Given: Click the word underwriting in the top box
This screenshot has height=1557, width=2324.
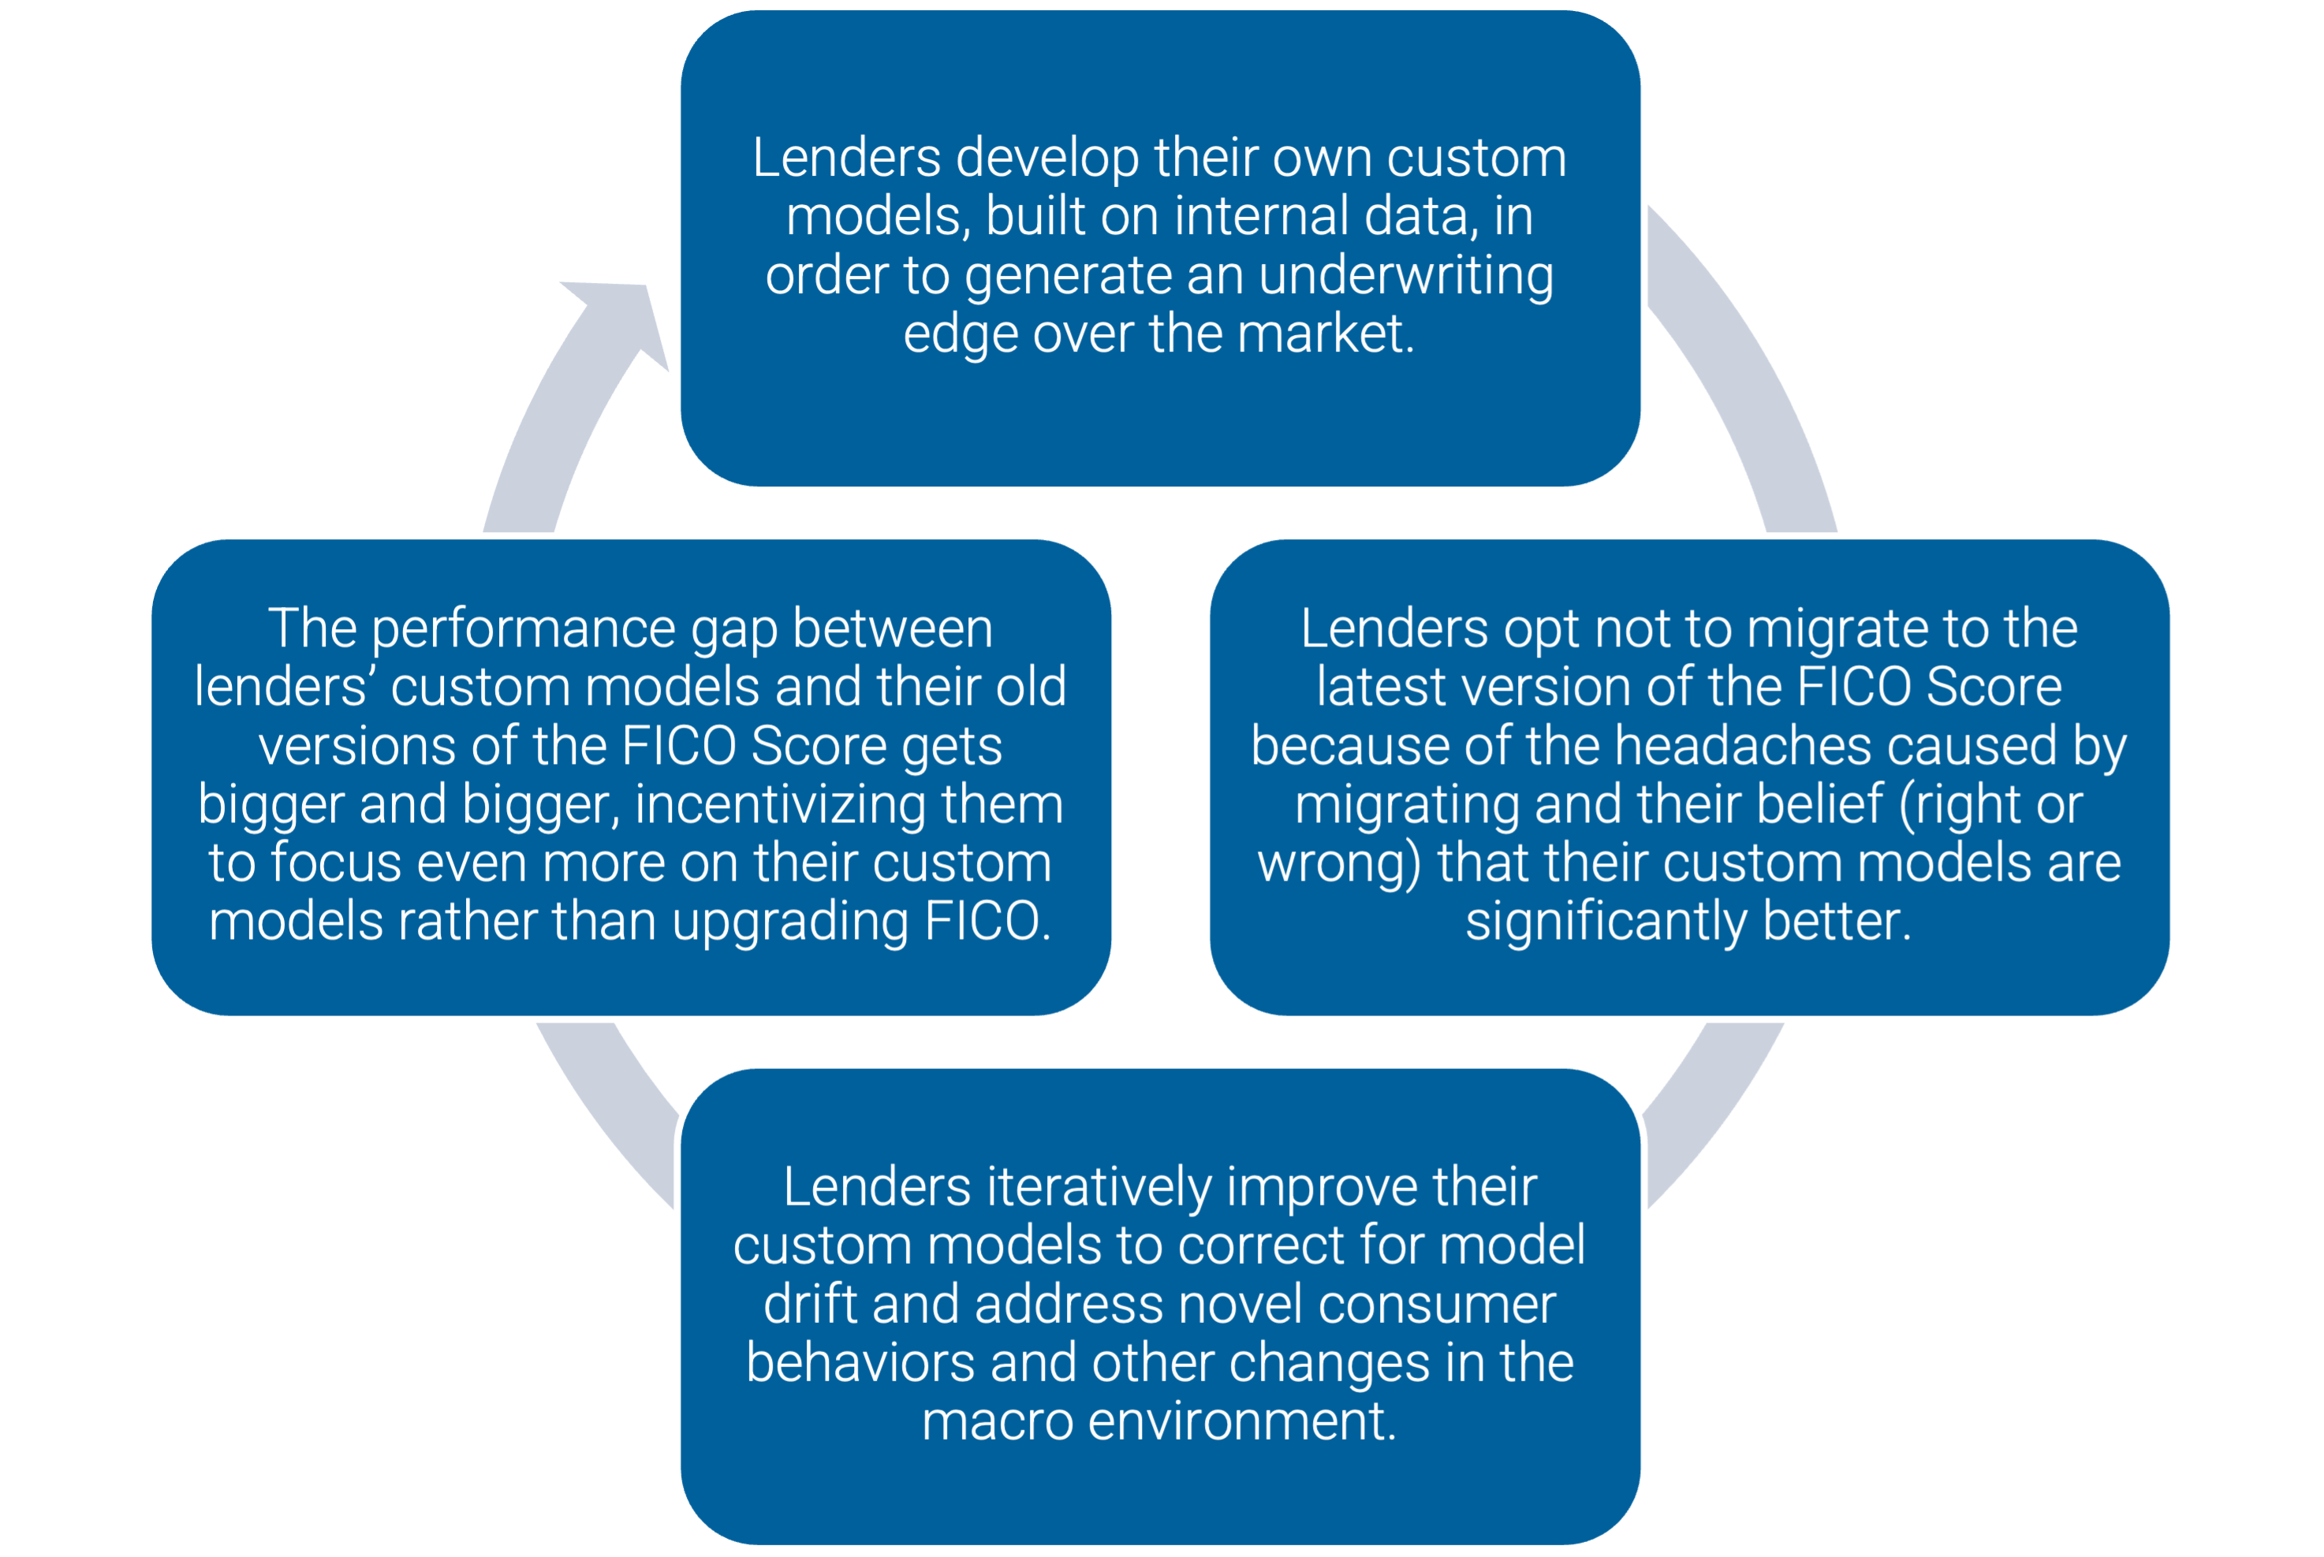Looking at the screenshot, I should (1405, 276).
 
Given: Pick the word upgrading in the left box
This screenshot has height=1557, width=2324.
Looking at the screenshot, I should (790, 922).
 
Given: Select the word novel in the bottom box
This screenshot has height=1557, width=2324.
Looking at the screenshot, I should (1236, 1304).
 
